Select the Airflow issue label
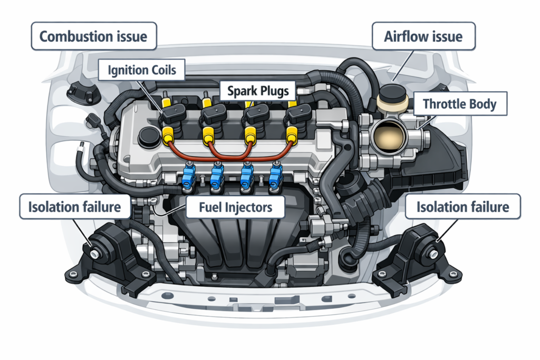point(424,37)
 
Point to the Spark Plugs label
point(258,91)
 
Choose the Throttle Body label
point(460,104)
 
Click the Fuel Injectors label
point(236,207)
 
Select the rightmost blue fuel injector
point(275,178)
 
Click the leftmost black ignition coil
point(172,113)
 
